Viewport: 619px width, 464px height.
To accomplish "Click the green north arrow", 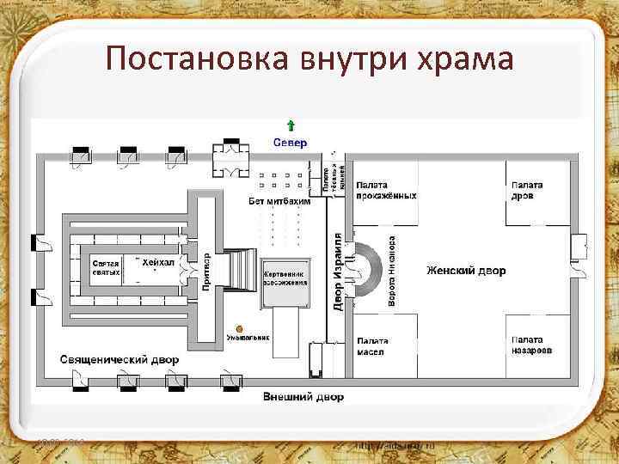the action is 290,125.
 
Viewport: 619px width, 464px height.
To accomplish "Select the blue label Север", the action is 290,142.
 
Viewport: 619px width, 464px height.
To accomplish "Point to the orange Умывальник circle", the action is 240,327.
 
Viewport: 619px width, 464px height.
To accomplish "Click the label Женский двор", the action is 466,271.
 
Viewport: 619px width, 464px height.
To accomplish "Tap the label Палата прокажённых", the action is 387,190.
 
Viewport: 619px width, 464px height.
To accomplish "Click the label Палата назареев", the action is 530,345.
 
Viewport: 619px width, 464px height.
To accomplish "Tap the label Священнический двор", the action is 120,358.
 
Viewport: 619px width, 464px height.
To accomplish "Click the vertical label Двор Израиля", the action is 338,272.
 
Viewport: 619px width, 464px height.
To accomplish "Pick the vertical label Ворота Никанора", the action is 392,271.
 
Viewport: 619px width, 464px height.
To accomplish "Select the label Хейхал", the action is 158,261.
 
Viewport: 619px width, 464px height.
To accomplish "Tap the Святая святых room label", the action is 106,267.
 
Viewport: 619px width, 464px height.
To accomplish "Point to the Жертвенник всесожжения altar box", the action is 285,279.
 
